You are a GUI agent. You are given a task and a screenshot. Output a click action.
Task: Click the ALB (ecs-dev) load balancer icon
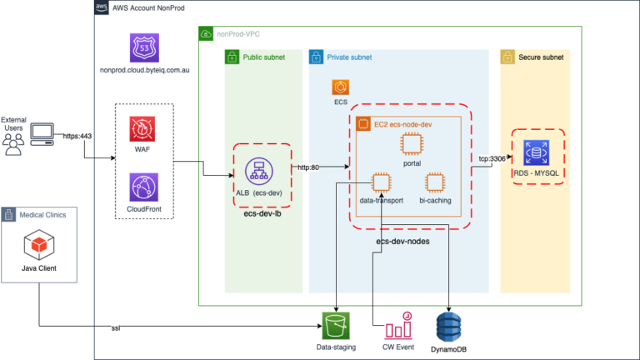pyautogui.click(x=262, y=169)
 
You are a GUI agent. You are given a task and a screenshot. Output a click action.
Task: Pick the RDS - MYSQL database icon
pyautogui.click(x=537, y=153)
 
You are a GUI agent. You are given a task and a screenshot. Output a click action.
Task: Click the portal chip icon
pyautogui.click(x=411, y=144)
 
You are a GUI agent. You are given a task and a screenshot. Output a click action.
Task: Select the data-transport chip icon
pyautogui.click(x=381, y=182)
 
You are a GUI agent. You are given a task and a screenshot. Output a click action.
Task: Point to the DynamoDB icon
pyautogui.click(x=449, y=323)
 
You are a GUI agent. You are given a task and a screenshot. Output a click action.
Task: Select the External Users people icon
pyautogui.click(x=12, y=143)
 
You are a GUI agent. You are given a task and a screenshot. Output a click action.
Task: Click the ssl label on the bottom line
pyautogui.click(x=116, y=329)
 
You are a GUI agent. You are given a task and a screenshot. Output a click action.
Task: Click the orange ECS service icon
pyautogui.click(x=339, y=87)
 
